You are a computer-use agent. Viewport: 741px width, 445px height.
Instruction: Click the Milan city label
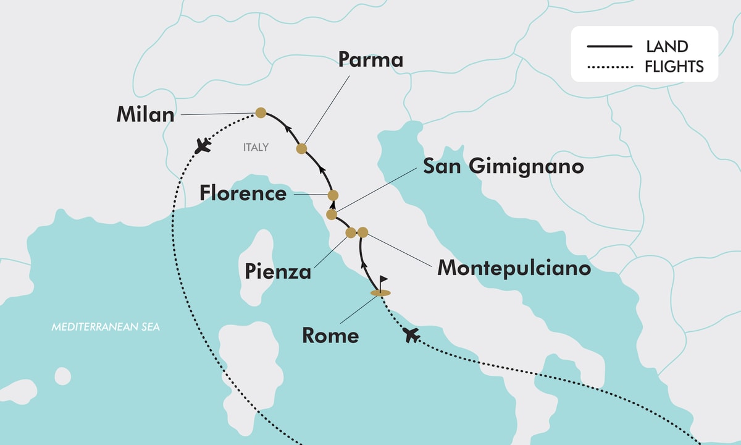coord(145,115)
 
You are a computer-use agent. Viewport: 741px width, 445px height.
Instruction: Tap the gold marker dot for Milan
coord(261,112)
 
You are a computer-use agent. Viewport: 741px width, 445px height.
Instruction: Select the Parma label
coord(371,59)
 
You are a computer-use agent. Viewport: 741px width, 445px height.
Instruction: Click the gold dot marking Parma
coord(301,148)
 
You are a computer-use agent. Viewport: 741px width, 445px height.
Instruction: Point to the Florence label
coord(243,193)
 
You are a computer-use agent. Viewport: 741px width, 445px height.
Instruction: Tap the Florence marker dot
coord(333,195)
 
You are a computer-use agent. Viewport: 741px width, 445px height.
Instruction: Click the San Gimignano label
coord(503,166)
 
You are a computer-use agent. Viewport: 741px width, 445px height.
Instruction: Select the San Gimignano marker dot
coord(331,214)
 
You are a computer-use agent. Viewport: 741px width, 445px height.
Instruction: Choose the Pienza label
coord(278,271)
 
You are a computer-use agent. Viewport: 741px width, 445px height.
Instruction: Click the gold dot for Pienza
coord(351,232)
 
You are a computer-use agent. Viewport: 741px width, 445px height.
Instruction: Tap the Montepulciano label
coord(514,268)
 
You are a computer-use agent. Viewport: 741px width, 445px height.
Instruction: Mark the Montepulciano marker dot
coord(362,232)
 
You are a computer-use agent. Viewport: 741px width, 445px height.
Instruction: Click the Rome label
coord(330,336)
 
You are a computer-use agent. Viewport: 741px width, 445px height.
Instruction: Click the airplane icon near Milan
coord(201,146)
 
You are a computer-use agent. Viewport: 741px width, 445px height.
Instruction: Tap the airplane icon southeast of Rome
coord(411,336)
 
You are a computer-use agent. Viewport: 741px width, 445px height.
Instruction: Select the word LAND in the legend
coord(667,46)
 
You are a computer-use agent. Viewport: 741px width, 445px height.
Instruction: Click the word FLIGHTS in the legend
coord(674,66)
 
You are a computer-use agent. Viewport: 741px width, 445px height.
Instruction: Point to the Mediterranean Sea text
coord(106,326)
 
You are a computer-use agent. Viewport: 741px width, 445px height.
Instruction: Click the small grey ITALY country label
coord(256,147)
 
